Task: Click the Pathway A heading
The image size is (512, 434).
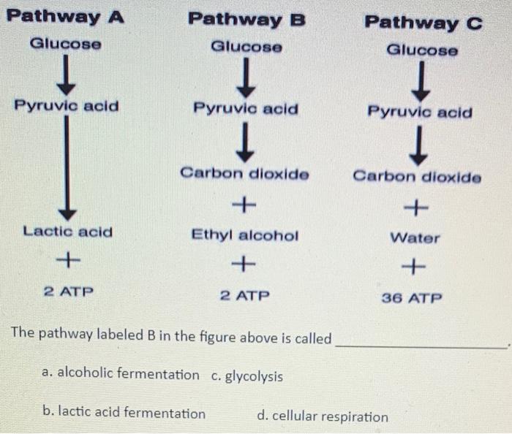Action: click(65, 16)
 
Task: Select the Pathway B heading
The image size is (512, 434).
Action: click(246, 18)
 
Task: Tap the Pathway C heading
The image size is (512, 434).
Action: click(423, 23)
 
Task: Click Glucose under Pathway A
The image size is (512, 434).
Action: click(66, 44)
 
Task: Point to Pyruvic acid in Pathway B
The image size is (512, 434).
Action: click(246, 109)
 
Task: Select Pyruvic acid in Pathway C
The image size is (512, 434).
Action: click(420, 113)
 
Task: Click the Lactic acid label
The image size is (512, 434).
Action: click(68, 232)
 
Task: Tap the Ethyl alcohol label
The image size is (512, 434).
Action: click(245, 235)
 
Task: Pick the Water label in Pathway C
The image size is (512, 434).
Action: click(415, 238)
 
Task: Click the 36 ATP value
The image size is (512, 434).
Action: click(413, 298)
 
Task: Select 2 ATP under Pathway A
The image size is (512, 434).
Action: click(68, 292)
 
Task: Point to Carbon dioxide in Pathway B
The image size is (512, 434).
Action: click(245, 174)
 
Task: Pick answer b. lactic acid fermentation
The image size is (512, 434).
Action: click(124, 413)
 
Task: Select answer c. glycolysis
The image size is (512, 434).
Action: click(246, 376)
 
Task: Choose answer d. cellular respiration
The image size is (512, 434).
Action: click(323, 416)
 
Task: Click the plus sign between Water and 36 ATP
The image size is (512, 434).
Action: click(414, 268)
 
